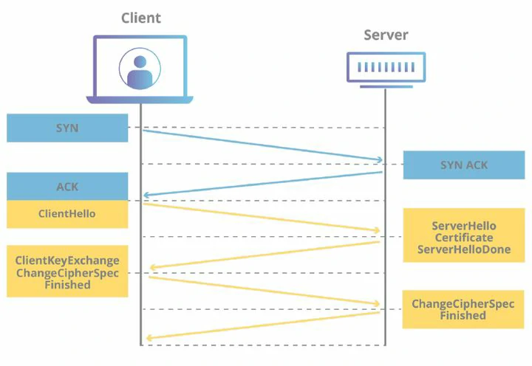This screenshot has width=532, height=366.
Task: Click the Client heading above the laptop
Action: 141,18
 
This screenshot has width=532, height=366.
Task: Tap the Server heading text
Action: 386,35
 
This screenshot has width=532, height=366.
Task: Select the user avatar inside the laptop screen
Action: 140,69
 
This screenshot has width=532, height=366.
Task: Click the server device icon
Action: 386,70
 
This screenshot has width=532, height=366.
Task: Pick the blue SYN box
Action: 67,128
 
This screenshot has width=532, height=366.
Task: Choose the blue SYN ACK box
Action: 464,165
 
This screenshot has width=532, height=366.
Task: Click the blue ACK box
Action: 67,187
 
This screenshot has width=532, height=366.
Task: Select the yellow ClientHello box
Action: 67,214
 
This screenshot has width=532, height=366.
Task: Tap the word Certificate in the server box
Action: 464,238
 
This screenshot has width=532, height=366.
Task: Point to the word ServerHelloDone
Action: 464,249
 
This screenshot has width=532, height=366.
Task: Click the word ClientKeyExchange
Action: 67,260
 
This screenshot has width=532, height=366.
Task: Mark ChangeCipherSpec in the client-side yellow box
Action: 67,273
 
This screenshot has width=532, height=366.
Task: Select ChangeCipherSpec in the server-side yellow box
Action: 463,304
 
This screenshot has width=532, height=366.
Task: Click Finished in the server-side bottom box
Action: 463,316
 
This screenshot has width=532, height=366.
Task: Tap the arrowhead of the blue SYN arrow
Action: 380,159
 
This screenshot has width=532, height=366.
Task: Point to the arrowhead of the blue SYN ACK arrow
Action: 146,195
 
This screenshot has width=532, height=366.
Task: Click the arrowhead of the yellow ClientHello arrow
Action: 377,230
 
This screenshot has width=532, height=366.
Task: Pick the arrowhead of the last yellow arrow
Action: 149,337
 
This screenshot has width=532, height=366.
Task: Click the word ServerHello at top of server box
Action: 464,226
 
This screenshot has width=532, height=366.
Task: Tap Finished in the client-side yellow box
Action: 67,285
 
